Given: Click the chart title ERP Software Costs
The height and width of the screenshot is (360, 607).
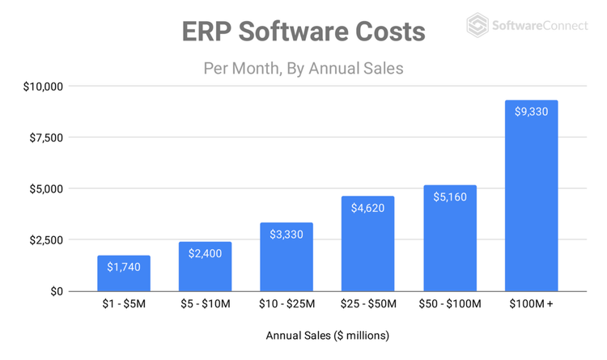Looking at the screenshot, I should [303, 32].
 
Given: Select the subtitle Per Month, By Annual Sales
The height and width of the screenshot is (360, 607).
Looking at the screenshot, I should [303, 68].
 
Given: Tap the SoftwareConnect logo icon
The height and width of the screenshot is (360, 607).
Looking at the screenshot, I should [478, 25].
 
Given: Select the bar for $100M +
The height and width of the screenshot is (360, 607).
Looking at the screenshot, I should [531, 202].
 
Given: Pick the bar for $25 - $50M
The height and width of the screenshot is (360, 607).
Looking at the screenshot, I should [367, 251].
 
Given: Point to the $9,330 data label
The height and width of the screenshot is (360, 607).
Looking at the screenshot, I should [531, 112].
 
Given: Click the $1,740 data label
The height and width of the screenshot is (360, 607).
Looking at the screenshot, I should [124, 266].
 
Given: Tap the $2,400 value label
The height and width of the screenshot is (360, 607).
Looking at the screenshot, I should [205, 253].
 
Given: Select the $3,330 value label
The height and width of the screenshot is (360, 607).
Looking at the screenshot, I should [287, 234].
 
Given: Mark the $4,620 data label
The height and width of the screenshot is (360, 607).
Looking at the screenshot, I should [367, 208].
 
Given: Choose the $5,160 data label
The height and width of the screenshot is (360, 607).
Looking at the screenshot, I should [449, 197].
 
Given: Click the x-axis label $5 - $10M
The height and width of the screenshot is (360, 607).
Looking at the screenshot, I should [205, 304].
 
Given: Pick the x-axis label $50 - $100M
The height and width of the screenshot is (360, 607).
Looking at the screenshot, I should [449, 304].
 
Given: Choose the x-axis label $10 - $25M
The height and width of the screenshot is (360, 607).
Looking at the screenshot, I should [287, 304].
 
